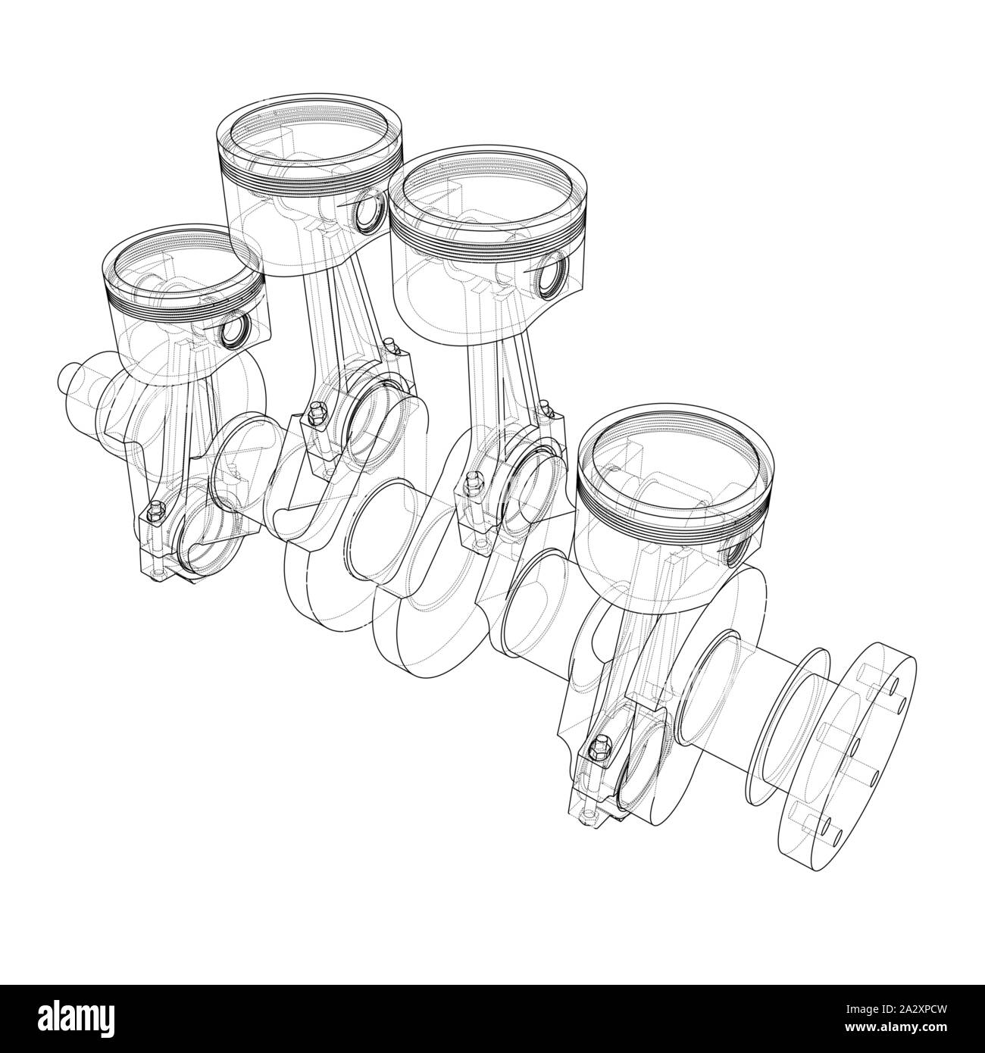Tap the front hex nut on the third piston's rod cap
coord(474,479)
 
